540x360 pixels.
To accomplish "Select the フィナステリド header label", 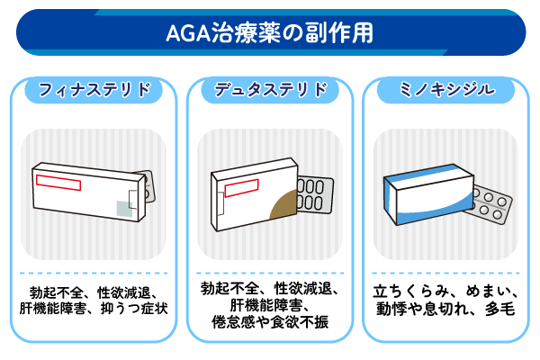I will point(94,90).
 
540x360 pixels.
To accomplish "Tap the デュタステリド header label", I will point(270,90).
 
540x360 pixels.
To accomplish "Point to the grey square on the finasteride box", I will point(123,208).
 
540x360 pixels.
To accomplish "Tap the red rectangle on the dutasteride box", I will point(235,189).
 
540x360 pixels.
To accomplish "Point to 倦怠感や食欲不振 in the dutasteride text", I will point(270,322).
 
